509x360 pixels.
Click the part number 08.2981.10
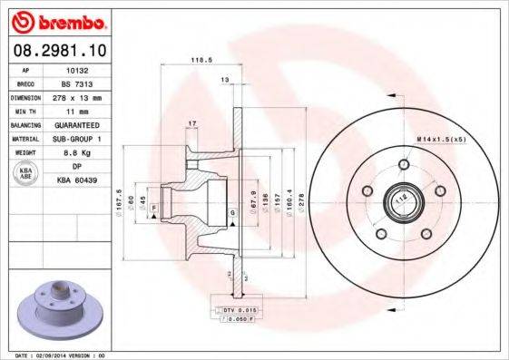pyautogui.click(x=58, y=50)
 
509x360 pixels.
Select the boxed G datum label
pyautogui.click(x=233, y=212)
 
